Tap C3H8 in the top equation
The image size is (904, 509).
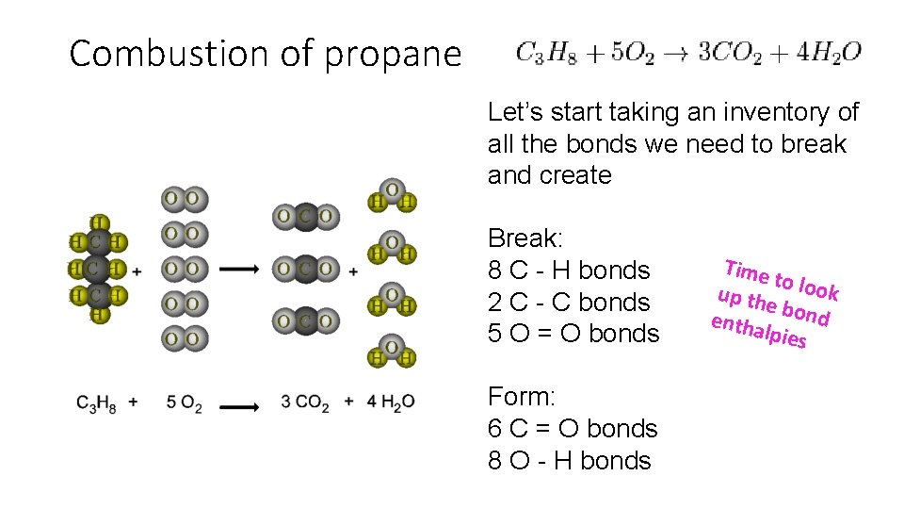click(x=544, y=53)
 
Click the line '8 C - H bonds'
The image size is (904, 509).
click(x=569, y=271)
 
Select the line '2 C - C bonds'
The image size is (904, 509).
click(x=569, y=303)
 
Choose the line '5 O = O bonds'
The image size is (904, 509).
click(x=573, y=334)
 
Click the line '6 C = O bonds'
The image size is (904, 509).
click(x=573, y=429)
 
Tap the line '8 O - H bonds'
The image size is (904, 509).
click(x=569, y=461)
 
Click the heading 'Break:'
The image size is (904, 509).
click(x=525, y=238)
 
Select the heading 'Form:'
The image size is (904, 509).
click(x=521, y=397)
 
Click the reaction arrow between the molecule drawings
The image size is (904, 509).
click(x=245, y=270)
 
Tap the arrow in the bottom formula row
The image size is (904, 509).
click(x=245, y=406)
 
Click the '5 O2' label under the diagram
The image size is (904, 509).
click(x=184, y=403)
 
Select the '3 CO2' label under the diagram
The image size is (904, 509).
click(x=305, y=403)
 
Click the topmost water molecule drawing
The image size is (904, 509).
click(x=393, y=196)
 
